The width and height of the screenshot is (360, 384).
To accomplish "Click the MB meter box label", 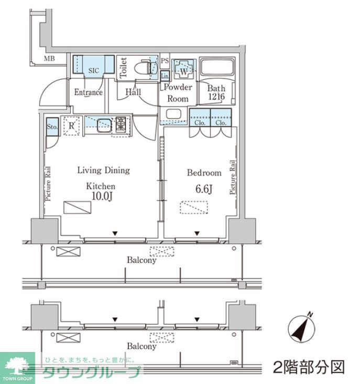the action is coord(49,59).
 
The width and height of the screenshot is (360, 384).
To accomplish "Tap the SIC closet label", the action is coord(94,70).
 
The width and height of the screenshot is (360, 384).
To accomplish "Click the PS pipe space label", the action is coord(165,60).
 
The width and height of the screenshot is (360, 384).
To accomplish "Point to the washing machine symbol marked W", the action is coord(184,69).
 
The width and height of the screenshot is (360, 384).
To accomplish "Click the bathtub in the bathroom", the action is coord(217,67).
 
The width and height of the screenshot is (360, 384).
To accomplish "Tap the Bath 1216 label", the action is coord(216,92).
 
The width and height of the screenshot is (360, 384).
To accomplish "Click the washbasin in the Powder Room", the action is coord(173,114).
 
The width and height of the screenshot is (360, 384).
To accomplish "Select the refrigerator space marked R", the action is coord(71,125).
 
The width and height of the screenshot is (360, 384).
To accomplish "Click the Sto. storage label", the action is coord(52,127).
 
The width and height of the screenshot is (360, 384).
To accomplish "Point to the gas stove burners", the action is coord(121,124).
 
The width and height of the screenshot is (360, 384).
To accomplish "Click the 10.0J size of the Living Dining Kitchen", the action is coord(102,196).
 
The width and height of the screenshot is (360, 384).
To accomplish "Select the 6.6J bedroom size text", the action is coord(204,189).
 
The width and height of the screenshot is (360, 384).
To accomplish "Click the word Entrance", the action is coord(88,92).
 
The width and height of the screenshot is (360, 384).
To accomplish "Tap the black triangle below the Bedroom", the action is coord(197,233).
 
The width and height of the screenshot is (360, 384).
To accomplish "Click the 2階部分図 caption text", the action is coord(309,367).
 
